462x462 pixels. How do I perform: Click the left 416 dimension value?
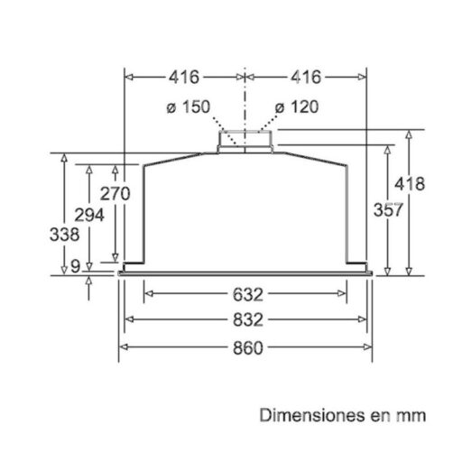[x=184, y=78]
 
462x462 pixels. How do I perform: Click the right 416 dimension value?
[x=306, y=78]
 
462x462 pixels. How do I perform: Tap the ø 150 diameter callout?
[x=189, y=107]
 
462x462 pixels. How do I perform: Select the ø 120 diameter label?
[x=297, y=107]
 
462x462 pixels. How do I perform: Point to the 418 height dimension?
[x=410, y=184]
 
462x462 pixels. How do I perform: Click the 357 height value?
[x=388, y=209]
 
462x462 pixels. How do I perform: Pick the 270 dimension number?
[x=115, y=193]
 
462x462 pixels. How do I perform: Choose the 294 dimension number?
[x=89, y=215]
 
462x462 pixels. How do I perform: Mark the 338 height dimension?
[x=65, y=235]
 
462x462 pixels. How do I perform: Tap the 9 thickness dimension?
[x=76, y=266]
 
